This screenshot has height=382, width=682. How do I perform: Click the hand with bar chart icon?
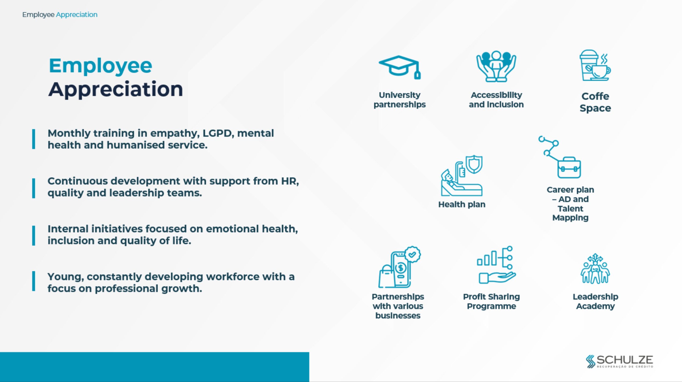(496, 265)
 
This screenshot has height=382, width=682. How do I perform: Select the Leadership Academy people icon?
(595, 269)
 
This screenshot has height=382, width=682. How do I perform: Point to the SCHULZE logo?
(619, 361)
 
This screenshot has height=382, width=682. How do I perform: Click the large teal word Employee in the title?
(100, 66)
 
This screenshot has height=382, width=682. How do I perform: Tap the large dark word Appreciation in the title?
(116, 90)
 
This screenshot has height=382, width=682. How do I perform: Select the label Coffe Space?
(595, 102)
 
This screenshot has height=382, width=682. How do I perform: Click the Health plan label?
(462, 204)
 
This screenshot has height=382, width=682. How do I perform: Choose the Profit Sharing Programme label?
(492, 301)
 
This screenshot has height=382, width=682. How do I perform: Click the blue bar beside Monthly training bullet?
(34, 139)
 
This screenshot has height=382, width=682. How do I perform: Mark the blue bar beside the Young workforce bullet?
(34, 281)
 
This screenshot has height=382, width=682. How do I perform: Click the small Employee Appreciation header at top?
(60, 15)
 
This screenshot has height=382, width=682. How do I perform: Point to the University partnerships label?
(400, 100)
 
